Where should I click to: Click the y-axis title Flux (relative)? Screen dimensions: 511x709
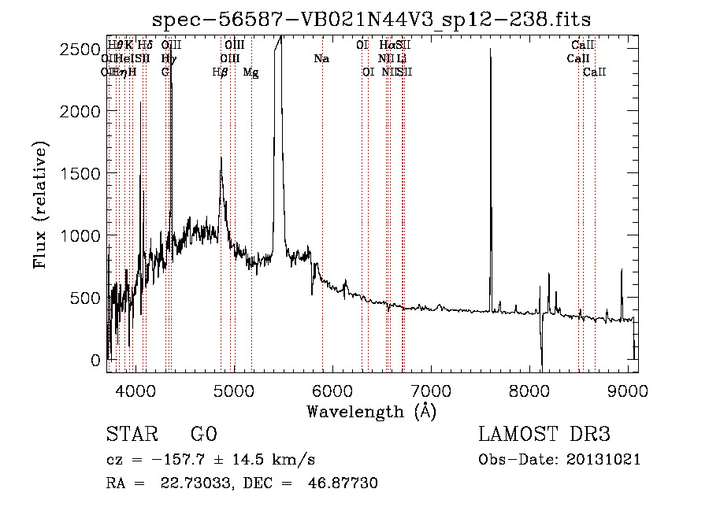[40, 204]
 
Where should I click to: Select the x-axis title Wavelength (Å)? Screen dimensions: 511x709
[371, 411]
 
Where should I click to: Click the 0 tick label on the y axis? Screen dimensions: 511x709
[96, 360]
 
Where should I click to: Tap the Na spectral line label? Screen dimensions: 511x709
[321, 59]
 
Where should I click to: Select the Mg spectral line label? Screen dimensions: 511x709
[251, 72]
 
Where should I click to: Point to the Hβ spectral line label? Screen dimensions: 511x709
[221, 72]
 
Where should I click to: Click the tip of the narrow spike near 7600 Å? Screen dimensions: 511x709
[490, 50]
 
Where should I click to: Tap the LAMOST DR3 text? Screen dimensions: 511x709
[544, 435]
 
